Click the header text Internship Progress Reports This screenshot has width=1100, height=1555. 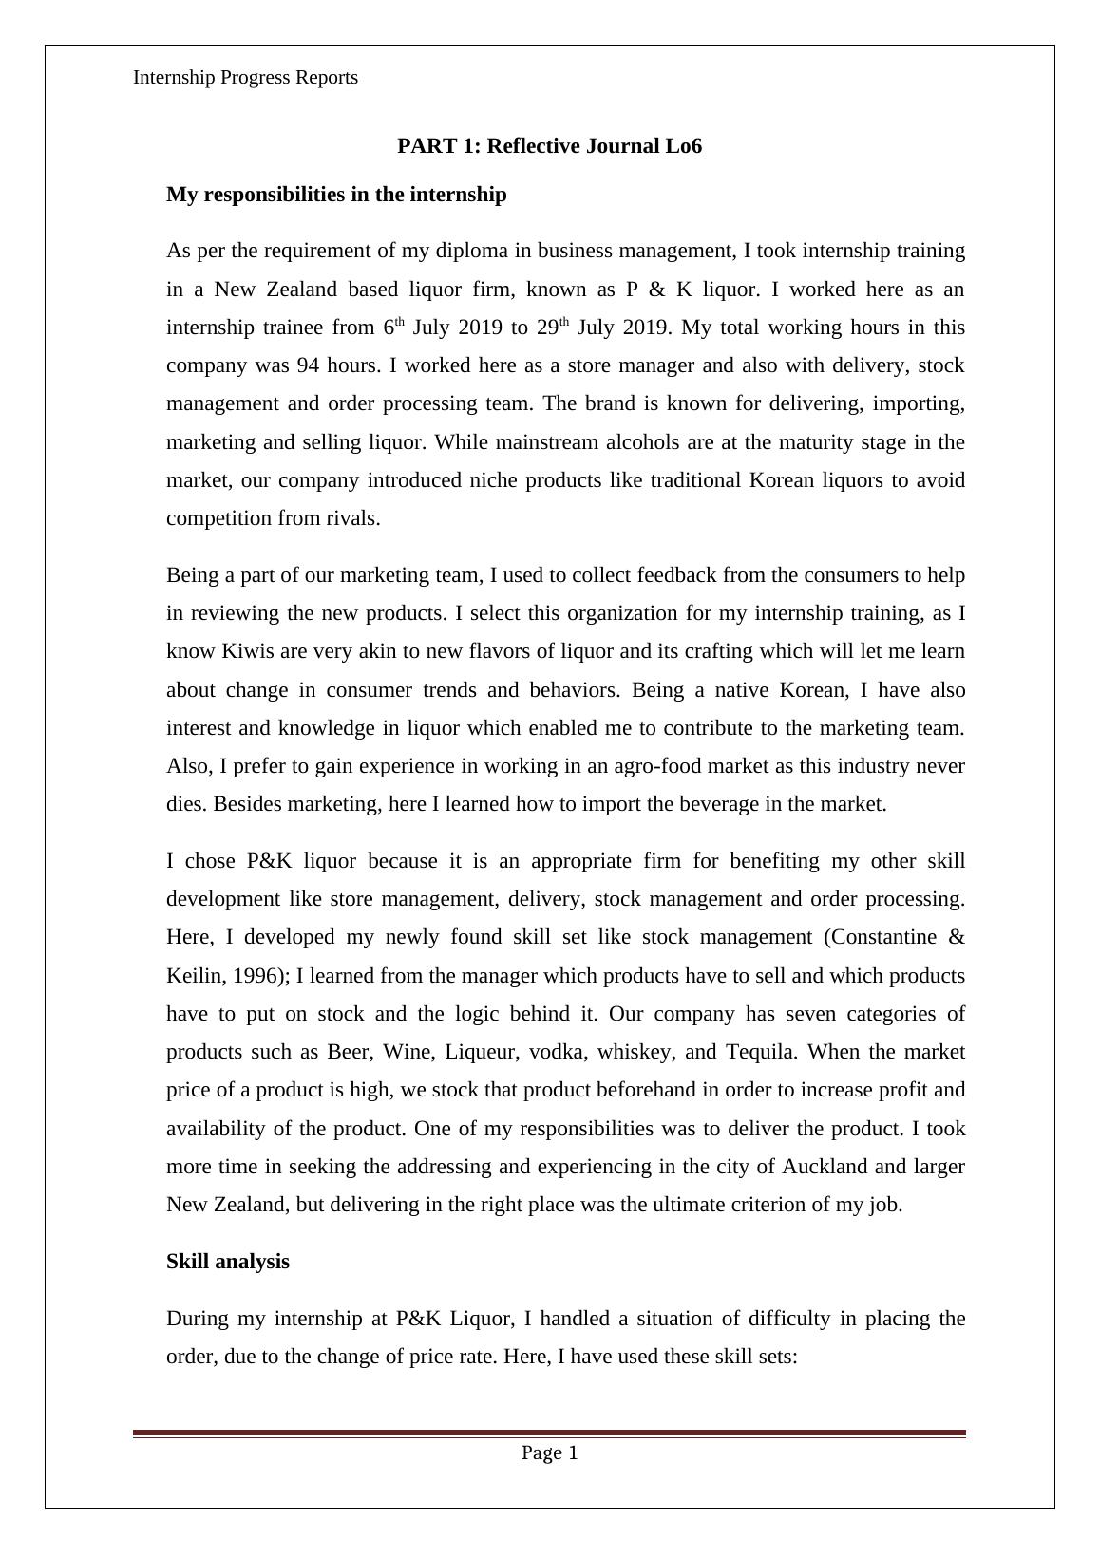pos(245,78)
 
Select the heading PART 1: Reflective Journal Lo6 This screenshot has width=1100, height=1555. pos(549,146)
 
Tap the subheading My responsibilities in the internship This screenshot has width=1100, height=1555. pos(336,195)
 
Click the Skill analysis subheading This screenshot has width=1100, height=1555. pos(228,1262)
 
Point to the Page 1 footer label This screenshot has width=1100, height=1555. pos(549,1452)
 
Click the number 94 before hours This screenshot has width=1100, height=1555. pos(309,365)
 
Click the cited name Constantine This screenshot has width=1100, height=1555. pos(881,937)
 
